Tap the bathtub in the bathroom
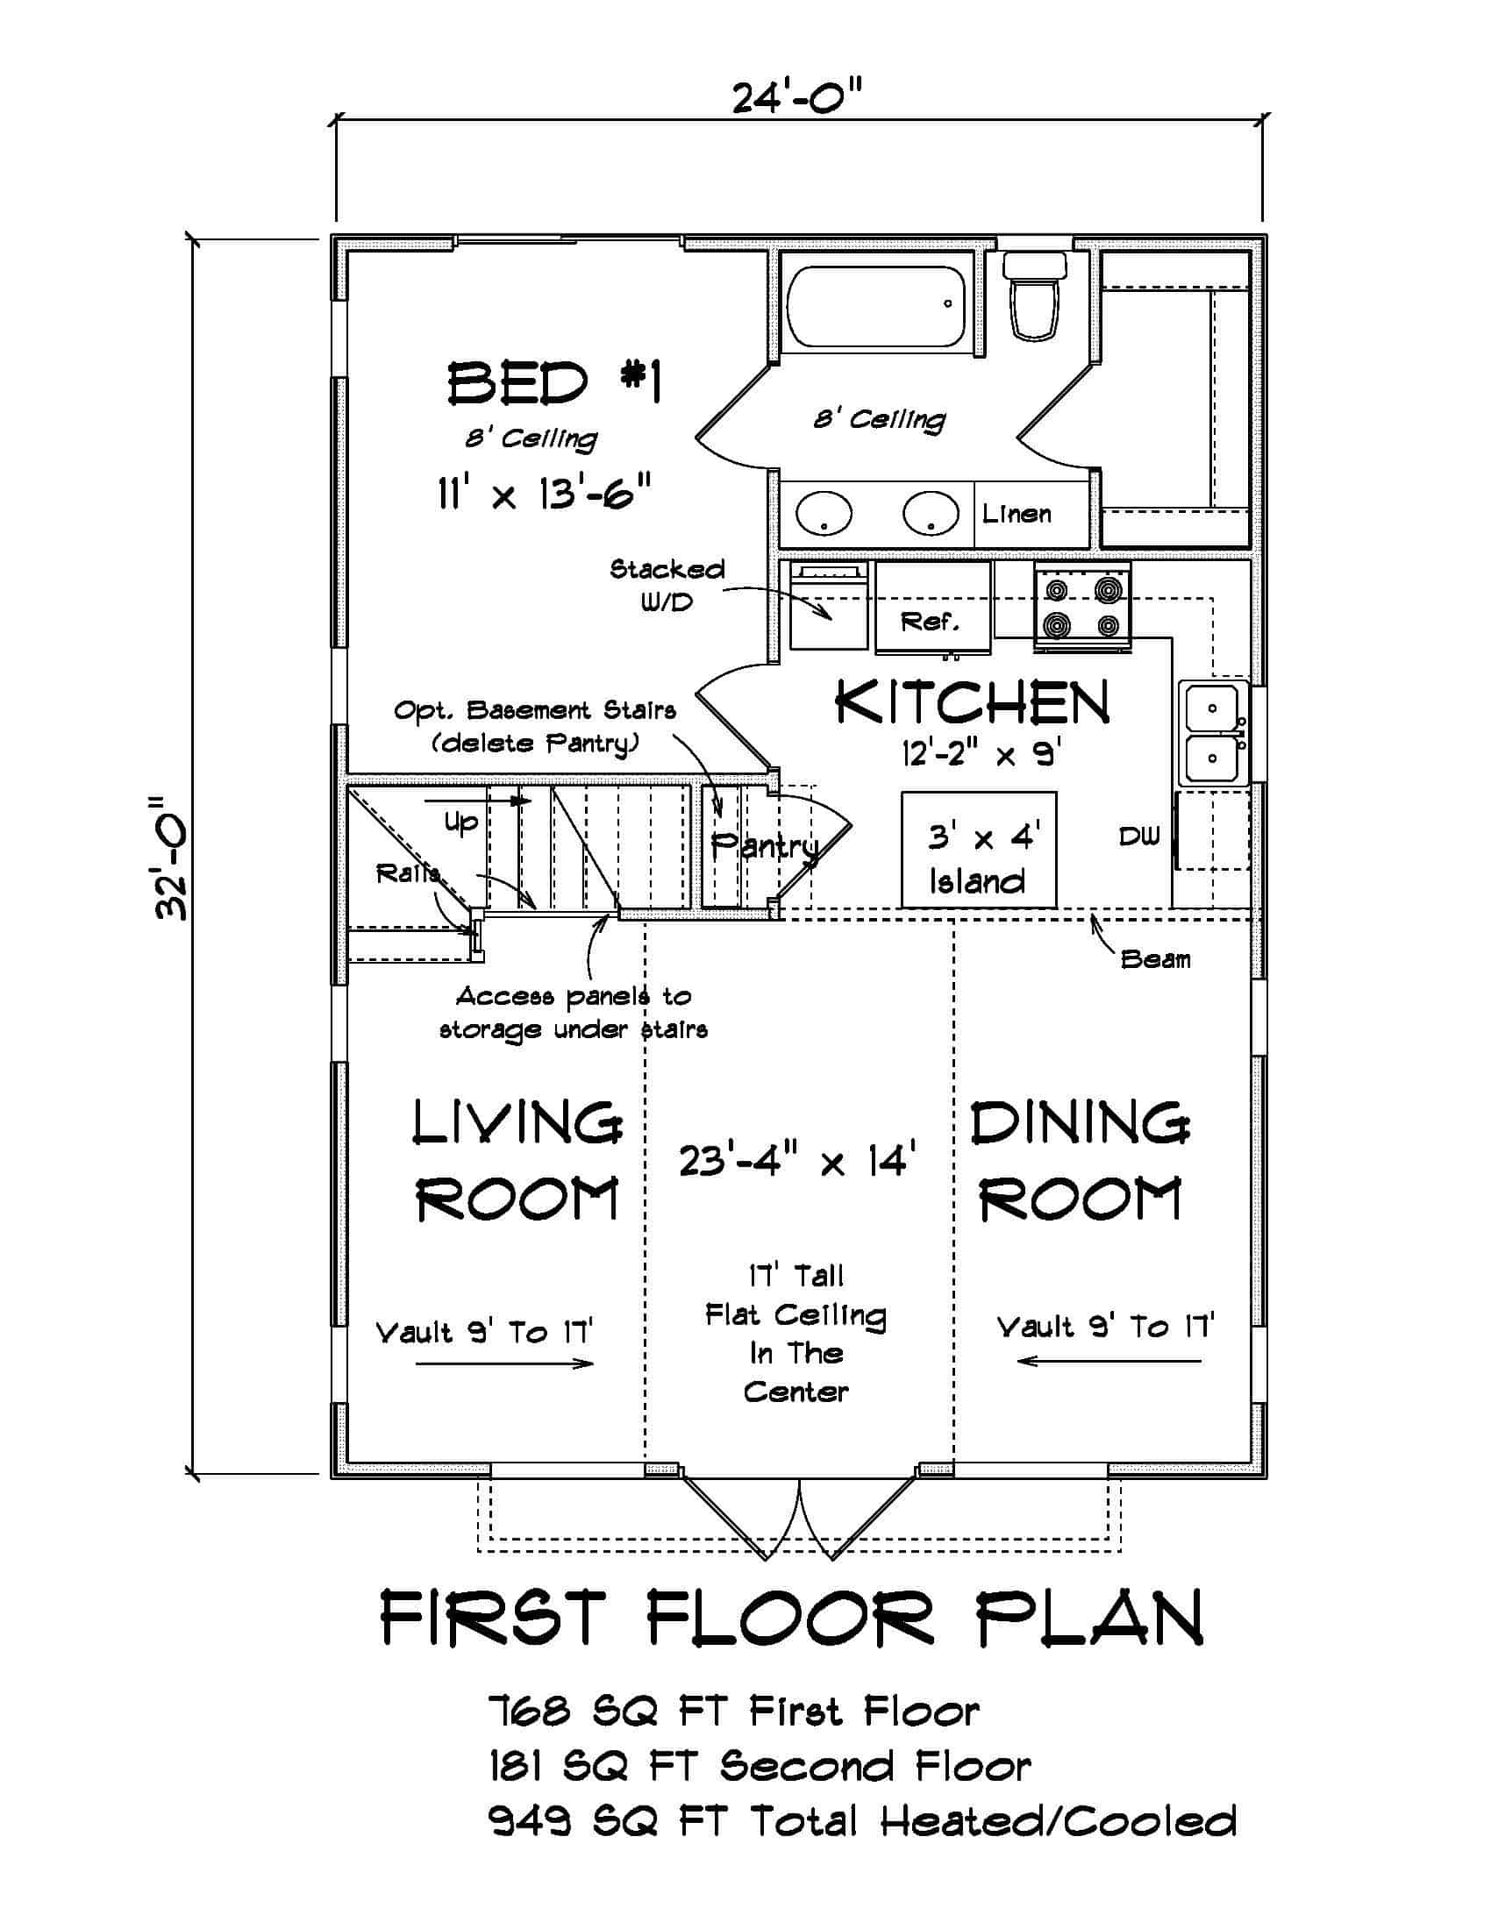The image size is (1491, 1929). (876, 307)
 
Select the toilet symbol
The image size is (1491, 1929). (1034, 298)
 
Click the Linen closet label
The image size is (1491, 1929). (1017, 513)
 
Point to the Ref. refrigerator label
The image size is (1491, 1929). (930, 622)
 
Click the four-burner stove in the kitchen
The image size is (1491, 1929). (1082, 608)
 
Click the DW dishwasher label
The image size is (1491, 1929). (1138, 836)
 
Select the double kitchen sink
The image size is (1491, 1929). (1213, 732)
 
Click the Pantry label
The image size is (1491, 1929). (765, 846)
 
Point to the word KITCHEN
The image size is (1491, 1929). (973, 704)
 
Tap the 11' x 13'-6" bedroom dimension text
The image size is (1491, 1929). (544, 494)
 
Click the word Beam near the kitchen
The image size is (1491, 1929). (1155, 959)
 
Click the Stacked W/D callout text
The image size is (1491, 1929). (667, 585)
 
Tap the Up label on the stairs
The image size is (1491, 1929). (460, 822)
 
